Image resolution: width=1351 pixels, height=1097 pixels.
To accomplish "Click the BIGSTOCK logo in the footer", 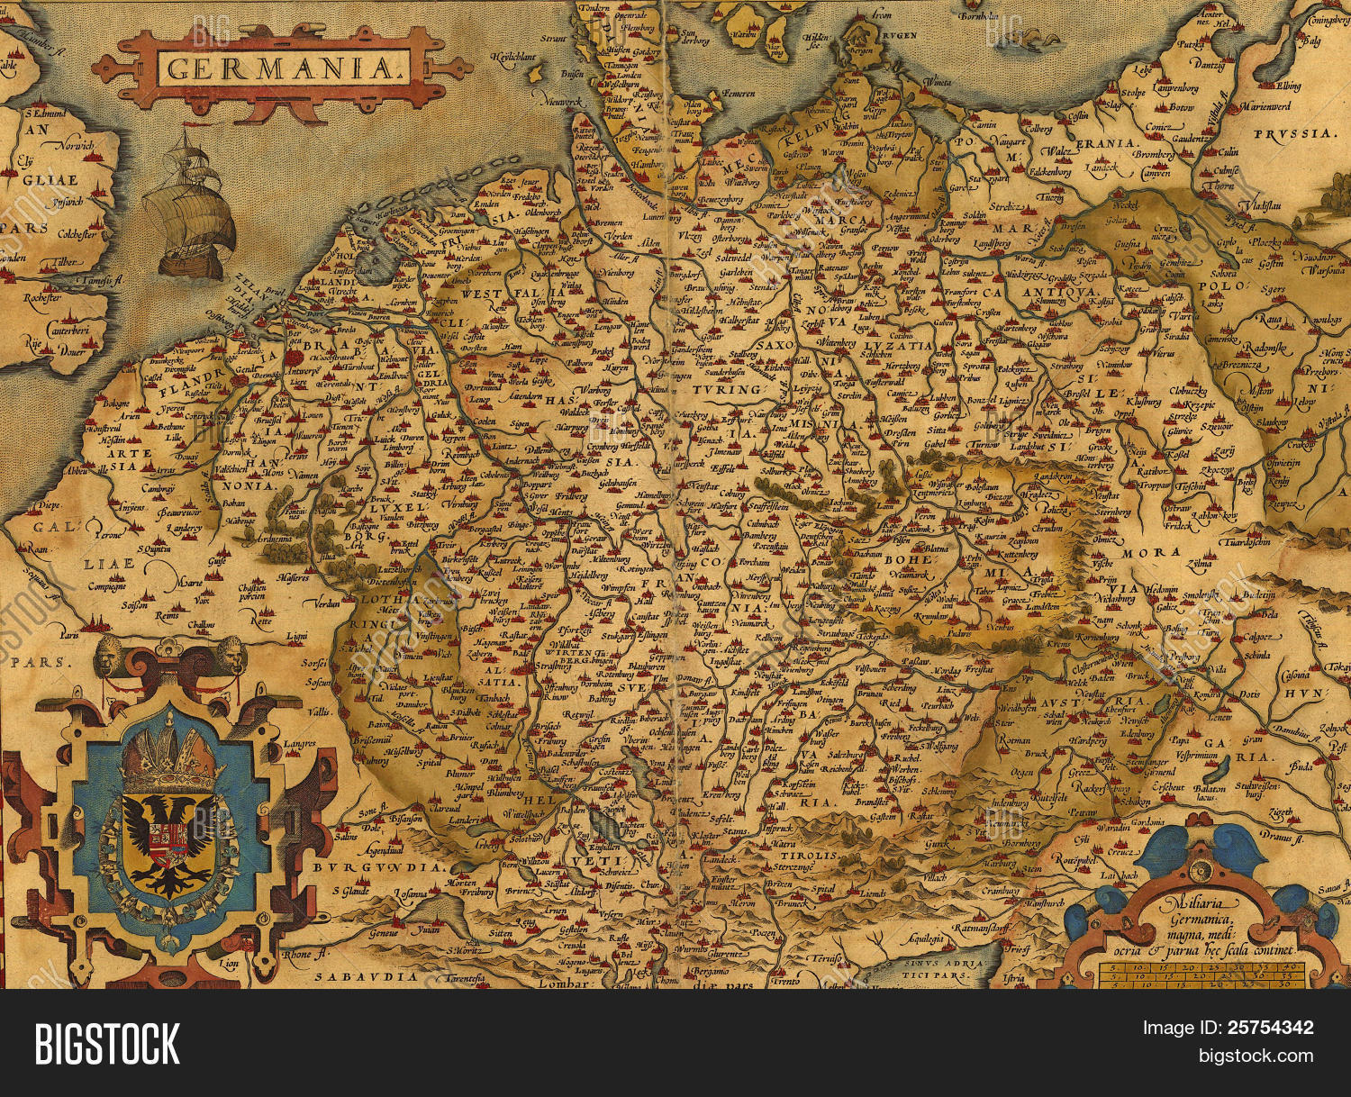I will click(x=107, y=1044).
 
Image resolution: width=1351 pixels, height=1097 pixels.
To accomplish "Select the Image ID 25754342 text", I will click(x=1228, y=1028).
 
